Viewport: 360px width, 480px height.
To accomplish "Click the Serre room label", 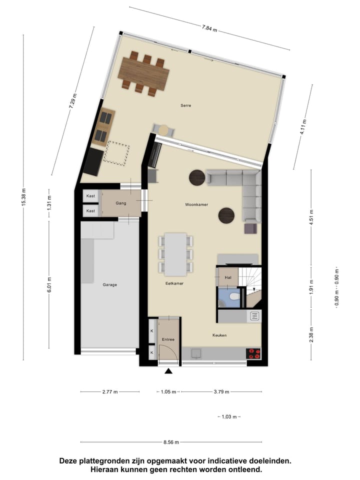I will tap(186, 105).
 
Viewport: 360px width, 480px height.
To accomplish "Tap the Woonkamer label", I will tap(196, 204).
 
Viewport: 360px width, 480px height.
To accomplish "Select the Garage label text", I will tap(110, 284).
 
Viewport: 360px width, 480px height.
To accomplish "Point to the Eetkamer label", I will tap(174, 283).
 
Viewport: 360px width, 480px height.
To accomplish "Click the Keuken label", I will tap(219, 335).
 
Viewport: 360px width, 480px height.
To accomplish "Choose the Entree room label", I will tap(168, 339).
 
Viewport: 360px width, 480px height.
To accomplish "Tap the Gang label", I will tap(121, 203).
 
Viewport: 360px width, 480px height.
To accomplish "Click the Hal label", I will tap(228, 277).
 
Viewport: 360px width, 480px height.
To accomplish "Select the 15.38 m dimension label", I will tap(23, 197).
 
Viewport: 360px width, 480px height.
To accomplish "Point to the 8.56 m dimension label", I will tap(171, 442).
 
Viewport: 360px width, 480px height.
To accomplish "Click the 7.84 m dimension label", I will tap(209, 28).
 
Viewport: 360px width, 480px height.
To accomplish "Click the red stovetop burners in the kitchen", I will tap(254, 353).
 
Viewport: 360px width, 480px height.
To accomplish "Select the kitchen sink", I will tap(254, 315).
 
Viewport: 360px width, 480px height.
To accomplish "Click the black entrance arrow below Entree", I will tap(168, 371).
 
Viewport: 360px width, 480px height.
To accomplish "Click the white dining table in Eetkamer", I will tap(175, 254).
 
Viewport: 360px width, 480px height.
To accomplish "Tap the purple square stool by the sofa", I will tap(250, 228).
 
